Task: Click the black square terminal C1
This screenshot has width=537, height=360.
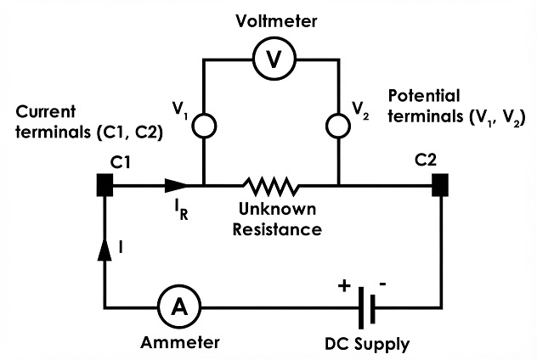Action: [x=105, y=185]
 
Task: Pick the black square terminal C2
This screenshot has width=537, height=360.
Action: [x=440, y=185]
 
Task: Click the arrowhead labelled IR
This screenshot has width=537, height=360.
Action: [x=177, y=185]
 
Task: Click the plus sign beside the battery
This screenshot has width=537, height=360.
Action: [x=344, y=285]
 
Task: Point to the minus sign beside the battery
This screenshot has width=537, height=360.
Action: [x=383, y=284]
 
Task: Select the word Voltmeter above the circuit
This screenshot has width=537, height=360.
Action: [x=276, y=21]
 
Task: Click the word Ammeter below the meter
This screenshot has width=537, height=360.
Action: [x=180, y=342]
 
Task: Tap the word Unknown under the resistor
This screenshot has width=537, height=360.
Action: [x=277, y=209]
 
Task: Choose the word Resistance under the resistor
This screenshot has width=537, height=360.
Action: [x=277, y=229]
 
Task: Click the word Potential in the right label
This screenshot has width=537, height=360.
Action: [x=424, y=96]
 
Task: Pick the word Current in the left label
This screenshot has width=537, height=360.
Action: [x=45, y=111]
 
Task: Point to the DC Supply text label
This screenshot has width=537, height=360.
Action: [x=367, y=344]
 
